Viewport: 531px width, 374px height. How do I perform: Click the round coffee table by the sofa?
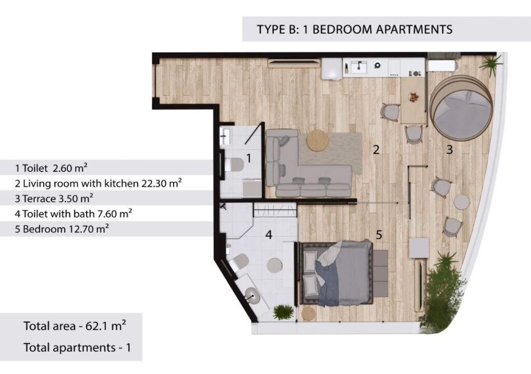click(x=317, y=141)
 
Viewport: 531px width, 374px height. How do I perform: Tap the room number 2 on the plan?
click(x=376, y=149)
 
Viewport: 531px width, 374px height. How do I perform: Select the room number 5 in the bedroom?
click(x=379, y=234)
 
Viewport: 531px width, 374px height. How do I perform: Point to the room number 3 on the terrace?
click(x=450, y=149)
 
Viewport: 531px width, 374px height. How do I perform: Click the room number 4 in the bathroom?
click(x=269, y=234)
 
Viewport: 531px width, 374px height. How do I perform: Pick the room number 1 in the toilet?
click(x=249, y=158)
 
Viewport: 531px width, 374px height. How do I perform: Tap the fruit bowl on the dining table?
click(x=413, y=98)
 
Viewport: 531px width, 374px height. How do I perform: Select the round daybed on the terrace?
click(x=461, y=107)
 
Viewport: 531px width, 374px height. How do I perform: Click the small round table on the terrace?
click(x=462, y=202)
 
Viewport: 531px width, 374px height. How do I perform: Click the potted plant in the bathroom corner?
click(x=283, y=312)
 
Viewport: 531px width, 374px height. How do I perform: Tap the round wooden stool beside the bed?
click(x=309, y=314)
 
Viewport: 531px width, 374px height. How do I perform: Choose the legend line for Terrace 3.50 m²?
click(x=54, y=199)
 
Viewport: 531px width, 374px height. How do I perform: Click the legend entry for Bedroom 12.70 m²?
click(x=62, y=229)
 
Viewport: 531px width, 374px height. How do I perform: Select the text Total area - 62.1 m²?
click(x=75, y=326)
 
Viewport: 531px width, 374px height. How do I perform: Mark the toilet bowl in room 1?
click(x=234, y=164)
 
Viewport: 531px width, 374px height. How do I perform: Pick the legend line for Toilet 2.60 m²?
click(x=51, y=168)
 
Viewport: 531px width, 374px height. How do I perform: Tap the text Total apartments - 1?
click(x=77, y=348)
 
